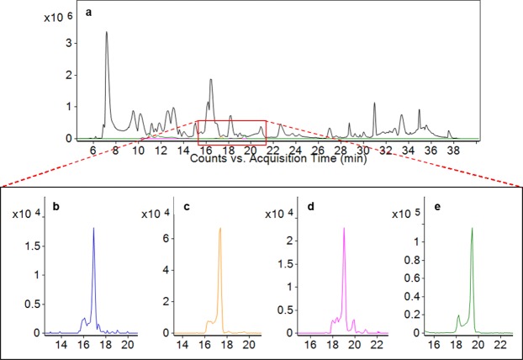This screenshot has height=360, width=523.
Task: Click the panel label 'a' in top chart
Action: tap(88, 13)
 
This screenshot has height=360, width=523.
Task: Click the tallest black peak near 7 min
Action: tap(106, 34)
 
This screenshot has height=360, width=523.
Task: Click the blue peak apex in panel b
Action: tap(93, 228)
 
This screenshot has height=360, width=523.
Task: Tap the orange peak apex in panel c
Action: tap(219, 228)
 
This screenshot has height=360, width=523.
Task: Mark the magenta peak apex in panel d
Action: tap(344, 228)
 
